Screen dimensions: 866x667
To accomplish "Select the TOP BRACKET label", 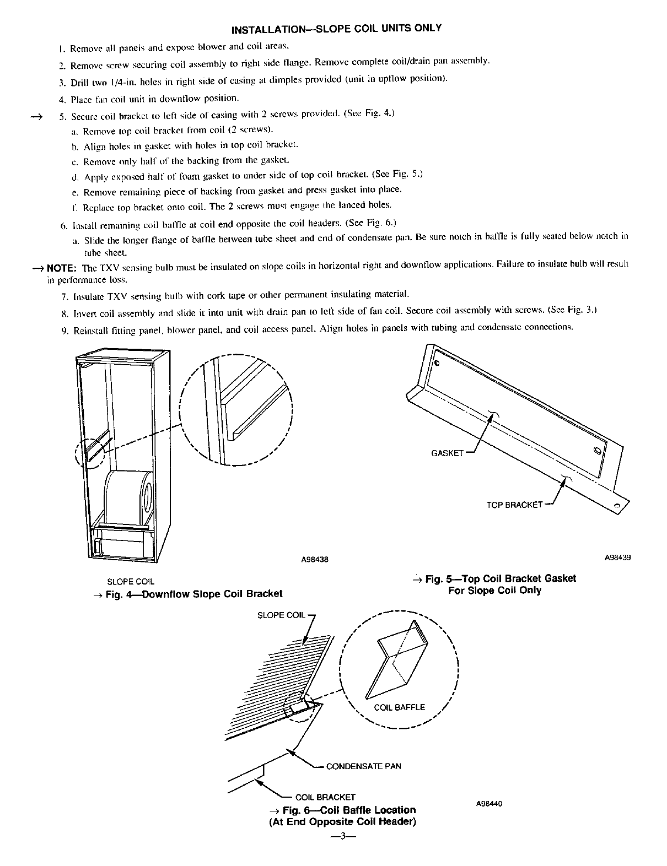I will coord(514,504).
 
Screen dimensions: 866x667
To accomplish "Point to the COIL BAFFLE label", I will coord(399,707).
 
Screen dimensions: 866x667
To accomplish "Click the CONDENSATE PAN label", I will coord(364,766).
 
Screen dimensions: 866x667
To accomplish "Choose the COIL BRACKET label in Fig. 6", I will coord(325,797).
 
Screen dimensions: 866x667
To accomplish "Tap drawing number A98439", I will coord(617,557).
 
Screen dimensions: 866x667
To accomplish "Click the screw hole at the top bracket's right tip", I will coord(617,506).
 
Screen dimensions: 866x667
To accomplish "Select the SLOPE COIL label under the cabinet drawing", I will coord(131,581).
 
